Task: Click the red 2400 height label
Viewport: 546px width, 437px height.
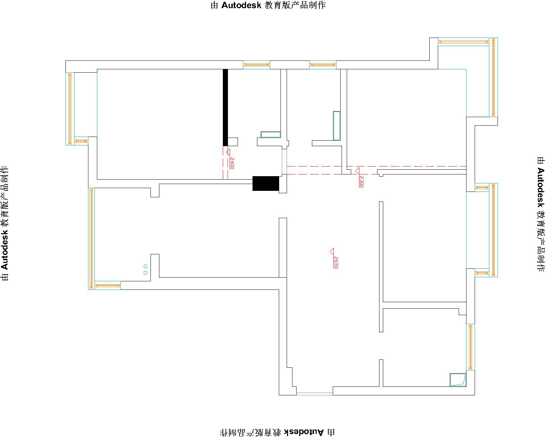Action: (232, 163)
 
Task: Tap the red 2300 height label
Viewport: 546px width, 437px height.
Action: (361, 182)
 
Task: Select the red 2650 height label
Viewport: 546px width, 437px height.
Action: (336, 262)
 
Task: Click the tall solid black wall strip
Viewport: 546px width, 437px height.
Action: (225, 108)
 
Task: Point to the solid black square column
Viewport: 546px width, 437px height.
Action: (265, 183)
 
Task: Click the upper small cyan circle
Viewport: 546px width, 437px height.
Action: (146, 266)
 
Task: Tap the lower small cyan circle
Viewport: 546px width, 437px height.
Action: (146, 273)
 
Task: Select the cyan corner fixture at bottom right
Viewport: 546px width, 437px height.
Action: (458, 380)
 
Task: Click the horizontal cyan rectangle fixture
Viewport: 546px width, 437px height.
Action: (271, 135)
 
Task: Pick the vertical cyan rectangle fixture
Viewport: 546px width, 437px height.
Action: (337, 126)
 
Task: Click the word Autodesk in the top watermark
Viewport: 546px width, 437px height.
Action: (241, 5)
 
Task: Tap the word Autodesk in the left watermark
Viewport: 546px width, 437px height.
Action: (4, 250)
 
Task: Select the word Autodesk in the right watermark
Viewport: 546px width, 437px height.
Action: (541, 187)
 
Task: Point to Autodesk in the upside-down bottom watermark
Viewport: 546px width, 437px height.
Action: (304, 432)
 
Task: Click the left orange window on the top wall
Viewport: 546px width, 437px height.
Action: (257, 65)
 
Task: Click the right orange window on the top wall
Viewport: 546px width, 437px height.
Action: (323, 65)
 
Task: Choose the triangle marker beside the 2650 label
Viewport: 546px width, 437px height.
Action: (332, 251)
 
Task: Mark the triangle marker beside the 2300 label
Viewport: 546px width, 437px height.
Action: (357, 171)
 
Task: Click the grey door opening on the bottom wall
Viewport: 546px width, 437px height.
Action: (315, 394)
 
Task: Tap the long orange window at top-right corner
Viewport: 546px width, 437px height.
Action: (493, 77)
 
